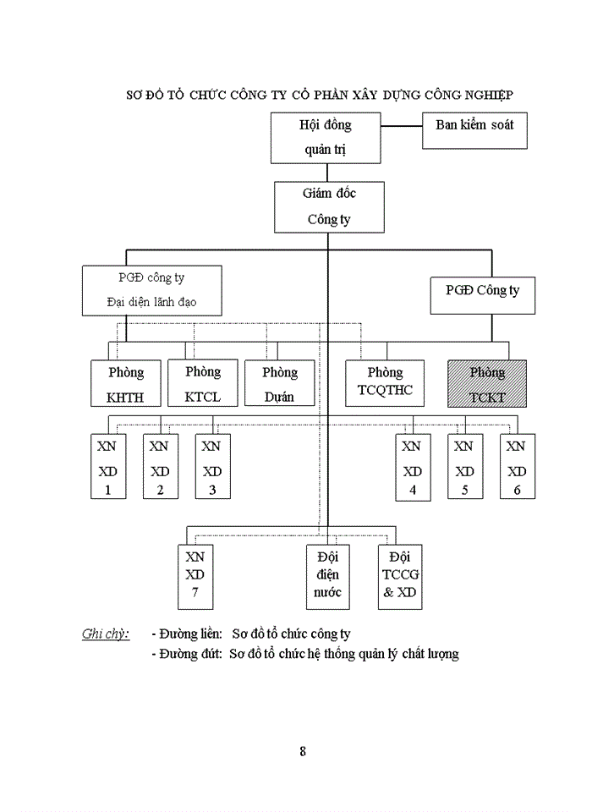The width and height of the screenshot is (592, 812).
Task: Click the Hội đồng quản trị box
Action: pos(326,137)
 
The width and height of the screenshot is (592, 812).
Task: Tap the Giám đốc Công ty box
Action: pos(329,206)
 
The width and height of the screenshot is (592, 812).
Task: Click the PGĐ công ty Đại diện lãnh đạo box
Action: pos(152,290)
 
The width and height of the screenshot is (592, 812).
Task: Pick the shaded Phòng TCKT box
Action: pos(486,383)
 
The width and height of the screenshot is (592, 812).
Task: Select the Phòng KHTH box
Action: pos(126,383)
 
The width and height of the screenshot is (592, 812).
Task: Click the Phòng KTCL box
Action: pos(202,383)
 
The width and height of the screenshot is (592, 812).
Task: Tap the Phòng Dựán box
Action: pos(279,383)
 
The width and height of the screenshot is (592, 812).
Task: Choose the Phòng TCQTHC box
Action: pos(385,383)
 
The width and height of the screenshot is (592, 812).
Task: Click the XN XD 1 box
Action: pos(107,467)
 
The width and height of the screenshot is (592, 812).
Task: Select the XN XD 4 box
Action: pos(412,467)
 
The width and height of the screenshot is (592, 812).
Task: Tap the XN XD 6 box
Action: pos(517,467)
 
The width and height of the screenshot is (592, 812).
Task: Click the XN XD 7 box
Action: pos(195,576)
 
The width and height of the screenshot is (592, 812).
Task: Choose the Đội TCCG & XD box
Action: pos(400,576)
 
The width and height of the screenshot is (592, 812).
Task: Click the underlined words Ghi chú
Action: pos(105,634)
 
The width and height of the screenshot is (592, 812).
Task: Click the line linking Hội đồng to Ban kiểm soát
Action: pos(401,127)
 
